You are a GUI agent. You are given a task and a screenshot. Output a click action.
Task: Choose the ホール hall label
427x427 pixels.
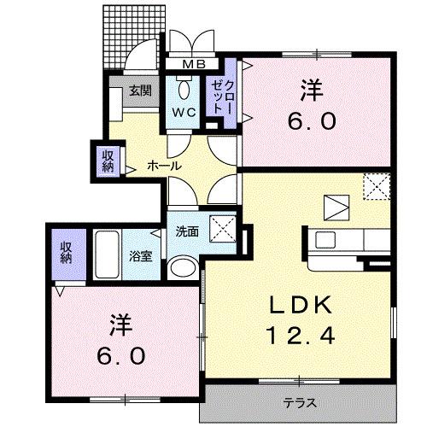[164, 166]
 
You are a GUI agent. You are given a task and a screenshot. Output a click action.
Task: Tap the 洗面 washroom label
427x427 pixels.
[187, 231]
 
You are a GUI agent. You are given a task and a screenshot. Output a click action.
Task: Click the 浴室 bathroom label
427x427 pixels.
[141, 257]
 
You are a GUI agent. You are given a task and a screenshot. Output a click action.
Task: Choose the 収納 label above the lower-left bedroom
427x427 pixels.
[65, 253]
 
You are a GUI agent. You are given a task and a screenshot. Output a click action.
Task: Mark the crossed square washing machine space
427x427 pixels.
[223, 230]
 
